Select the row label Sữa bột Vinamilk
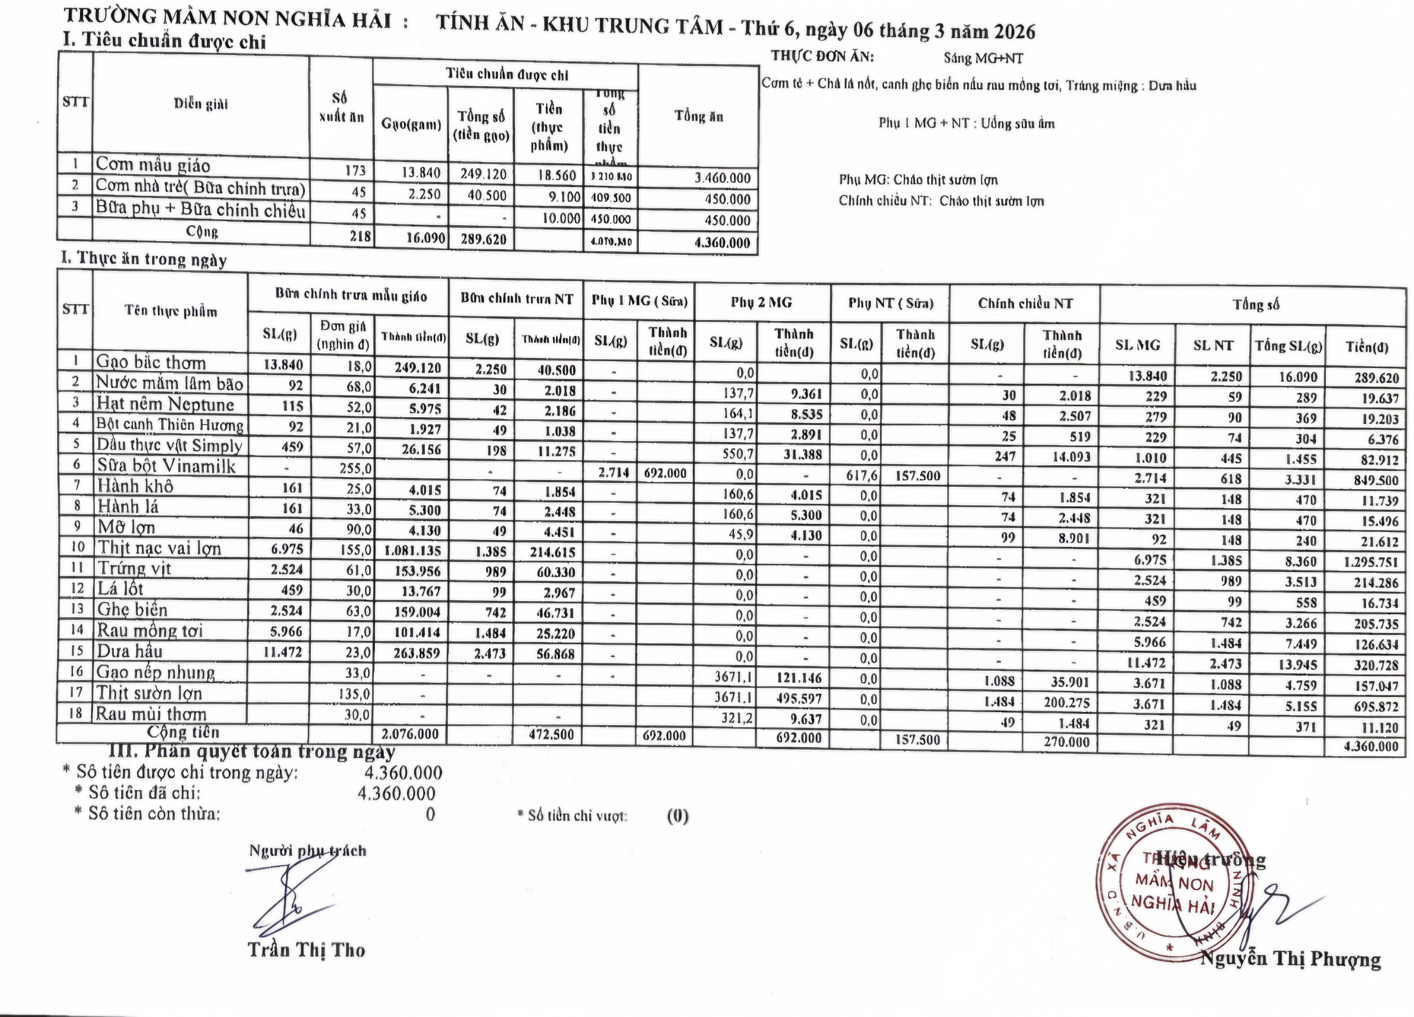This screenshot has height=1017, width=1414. coord(166,466)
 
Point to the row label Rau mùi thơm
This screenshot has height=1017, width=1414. coord(151,714)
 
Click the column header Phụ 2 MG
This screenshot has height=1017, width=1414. coord(761,303)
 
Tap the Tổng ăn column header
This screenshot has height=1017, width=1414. coord(698,117)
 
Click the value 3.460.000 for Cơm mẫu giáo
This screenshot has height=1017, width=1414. coord(723,178)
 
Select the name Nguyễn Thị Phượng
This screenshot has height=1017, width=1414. coord(1291,958)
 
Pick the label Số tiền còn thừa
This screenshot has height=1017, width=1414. coord(154,814)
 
